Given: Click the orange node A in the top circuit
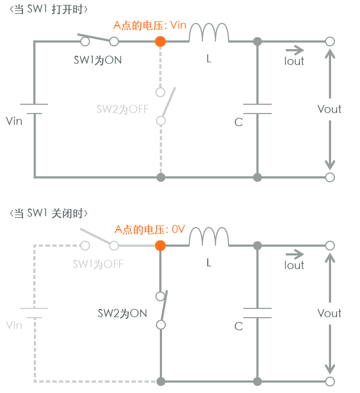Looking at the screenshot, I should coord(160,41).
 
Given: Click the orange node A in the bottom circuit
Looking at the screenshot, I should coord(160,245).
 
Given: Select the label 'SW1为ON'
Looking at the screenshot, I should coord(98,59).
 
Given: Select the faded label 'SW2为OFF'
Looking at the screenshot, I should coord(122,109).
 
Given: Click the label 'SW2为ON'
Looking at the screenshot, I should coord(122,313).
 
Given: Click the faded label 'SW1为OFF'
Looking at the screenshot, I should coord(98,264).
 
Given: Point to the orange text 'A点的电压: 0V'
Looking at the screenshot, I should coord(149,229).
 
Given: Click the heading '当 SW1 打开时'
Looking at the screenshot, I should coord(49,9).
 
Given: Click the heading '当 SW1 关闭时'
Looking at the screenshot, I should coord(49,213).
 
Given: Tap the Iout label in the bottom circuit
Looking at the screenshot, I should coord(294,265).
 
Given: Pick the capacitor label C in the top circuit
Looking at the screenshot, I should coord(238,122).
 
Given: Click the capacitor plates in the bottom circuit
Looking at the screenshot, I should coord(257,313).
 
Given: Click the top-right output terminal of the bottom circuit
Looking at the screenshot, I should coord(329,246).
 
